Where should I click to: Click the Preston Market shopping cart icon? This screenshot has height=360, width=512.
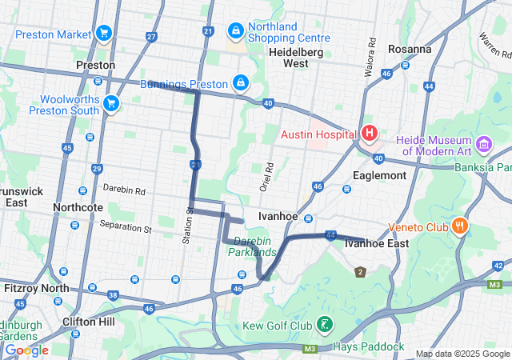pos(103,33)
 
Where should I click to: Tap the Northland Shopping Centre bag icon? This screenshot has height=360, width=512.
pos(235,30)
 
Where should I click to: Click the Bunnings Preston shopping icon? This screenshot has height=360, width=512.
pos(240,82)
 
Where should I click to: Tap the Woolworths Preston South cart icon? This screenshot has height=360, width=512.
pos(110,103)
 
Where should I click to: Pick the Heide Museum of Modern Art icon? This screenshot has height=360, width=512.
pos(483,144)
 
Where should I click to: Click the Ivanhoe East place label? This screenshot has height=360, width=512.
pos(376,243)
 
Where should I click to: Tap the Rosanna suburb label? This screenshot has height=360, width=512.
pos(409,49)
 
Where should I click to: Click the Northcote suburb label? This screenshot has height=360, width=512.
pos(78,207)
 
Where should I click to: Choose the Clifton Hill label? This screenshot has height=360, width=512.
pos(89,322)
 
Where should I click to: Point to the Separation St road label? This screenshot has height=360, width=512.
pos(126,228)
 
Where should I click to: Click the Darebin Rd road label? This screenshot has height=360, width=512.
pos(124,191)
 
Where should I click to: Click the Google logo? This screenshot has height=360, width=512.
pos(26,350)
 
